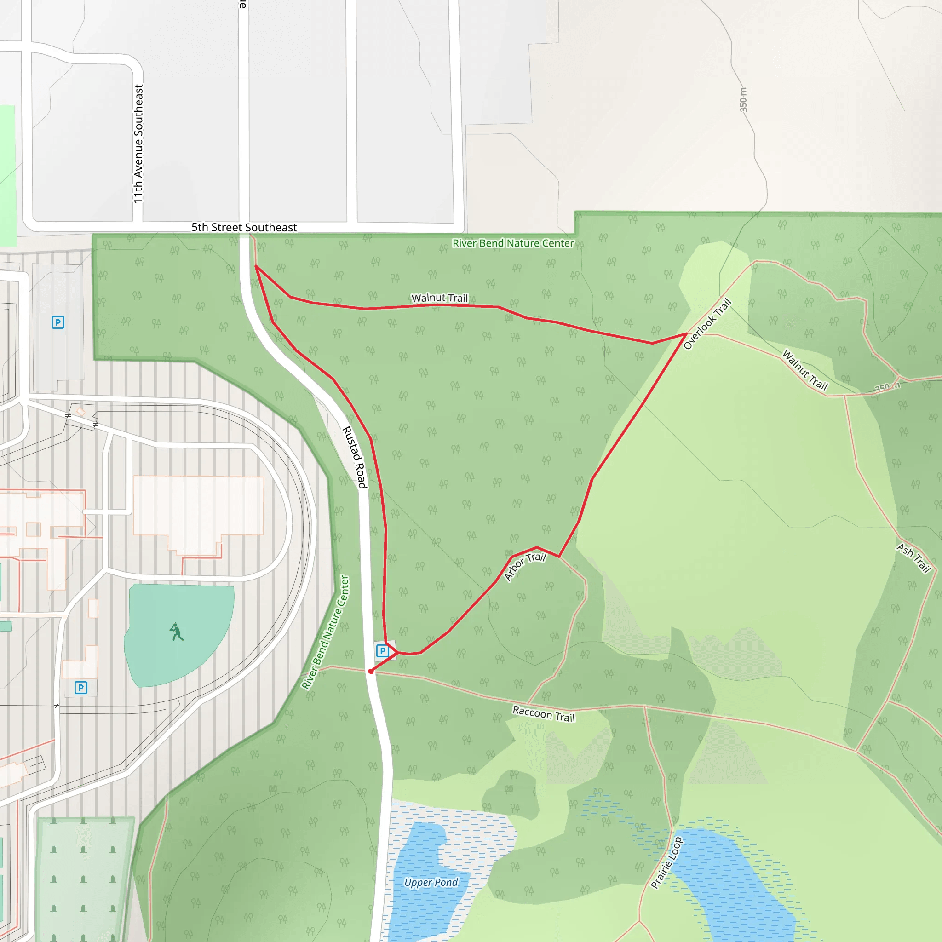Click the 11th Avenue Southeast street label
tap(139, 144)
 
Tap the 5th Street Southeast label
tap(244, 228)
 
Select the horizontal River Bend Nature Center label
tap(513, 243)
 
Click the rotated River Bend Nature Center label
tap(325, 632)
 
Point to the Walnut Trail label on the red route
tap(439, 298)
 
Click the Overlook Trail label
tap(707, 324)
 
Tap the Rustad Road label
tap(355, 457)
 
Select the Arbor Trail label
tap(525, 566)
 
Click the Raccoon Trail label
tap(544, 714)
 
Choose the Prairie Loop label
tap(666, 863)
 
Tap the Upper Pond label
tap(431, 883)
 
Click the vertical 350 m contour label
tap(743, 100)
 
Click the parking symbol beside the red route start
tap(383, 651)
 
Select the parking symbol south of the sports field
tap(81, 688)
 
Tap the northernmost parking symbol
tap(58, 322)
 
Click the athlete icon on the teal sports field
tap(177, 632)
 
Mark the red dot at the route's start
tap(371, 672)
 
